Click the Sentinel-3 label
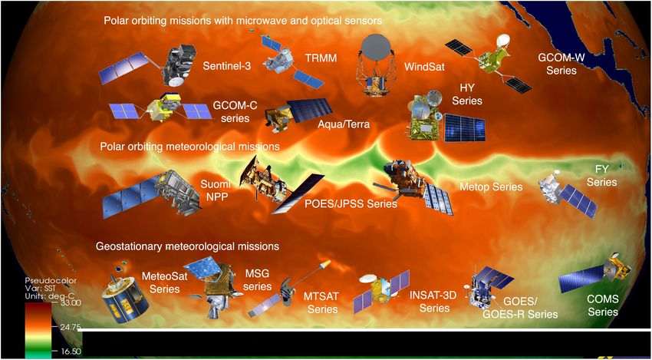(x=227, y=64)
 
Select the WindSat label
(x=424, y=66)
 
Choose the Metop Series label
(x=491, y=187)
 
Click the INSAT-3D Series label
(x=435, y=302)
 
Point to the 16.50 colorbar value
(x=70, y=352)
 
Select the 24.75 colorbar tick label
(x=68, y=327)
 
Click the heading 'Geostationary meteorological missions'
(x=187, y=246)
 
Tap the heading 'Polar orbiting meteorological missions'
(x=189, y=147)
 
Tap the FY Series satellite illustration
(x=568, y=194)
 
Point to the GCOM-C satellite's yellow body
(x=160, y=107)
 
